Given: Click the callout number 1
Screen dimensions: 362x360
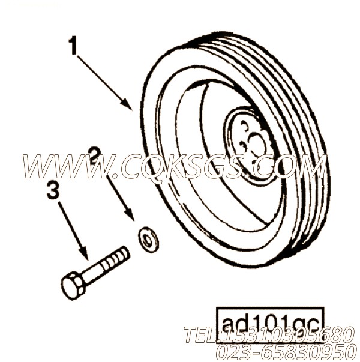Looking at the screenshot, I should [73, 46].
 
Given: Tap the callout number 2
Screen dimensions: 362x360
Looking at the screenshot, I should [94, 155].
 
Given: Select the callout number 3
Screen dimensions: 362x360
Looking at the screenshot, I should [53, 192].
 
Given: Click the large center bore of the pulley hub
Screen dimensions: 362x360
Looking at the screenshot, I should [257, 145].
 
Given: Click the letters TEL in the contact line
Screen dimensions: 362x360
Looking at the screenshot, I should [201, 334].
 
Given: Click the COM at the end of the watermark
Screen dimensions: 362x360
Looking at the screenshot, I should [294, 166].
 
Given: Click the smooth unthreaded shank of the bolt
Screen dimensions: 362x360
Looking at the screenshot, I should [96, 271].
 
